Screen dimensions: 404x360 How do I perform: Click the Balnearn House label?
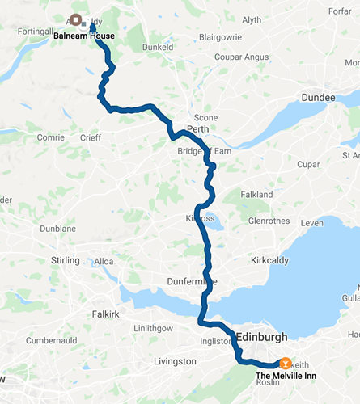[84, 36]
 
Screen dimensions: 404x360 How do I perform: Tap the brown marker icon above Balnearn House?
[75, 19]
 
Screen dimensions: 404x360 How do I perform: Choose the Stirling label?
[65, 260]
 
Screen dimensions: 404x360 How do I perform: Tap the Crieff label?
[91, 138]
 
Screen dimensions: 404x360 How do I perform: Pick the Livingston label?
[176, 361]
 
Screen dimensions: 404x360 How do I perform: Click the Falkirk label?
[106, 312]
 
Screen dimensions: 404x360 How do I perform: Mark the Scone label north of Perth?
[205, 118]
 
